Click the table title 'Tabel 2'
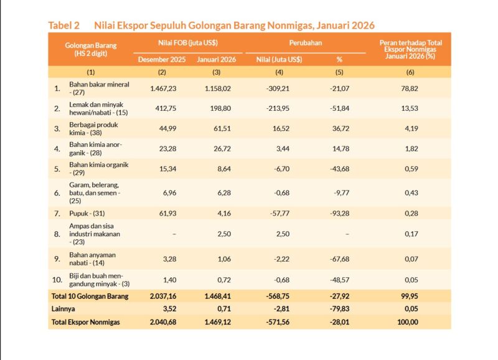64,26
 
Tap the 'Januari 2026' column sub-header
214,60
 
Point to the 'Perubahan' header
304,42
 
